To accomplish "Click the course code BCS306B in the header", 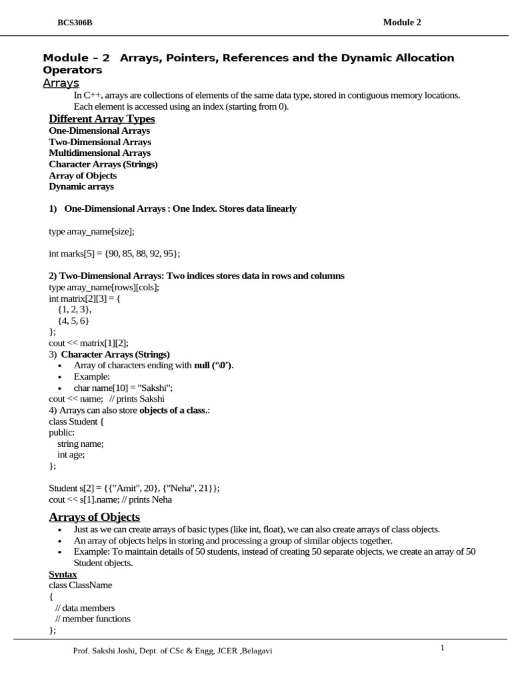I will point(75,23).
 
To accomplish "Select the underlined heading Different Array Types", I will point(101,119).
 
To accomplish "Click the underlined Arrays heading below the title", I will point(61,83).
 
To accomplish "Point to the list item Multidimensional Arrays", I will point(100,153).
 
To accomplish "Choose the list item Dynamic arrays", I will point(81,187).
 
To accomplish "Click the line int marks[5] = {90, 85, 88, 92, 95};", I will point(115,254).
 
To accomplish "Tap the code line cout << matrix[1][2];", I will point(89,343).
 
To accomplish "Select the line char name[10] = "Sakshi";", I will point(123,388).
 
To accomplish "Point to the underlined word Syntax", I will point(63,574).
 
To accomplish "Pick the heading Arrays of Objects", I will point(95,517).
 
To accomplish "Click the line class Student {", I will point(77,421).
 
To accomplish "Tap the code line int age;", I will point(71,455).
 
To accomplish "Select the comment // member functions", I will point(93,619).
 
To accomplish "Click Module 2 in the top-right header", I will point(402,23).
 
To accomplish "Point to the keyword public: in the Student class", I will point(62,432).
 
